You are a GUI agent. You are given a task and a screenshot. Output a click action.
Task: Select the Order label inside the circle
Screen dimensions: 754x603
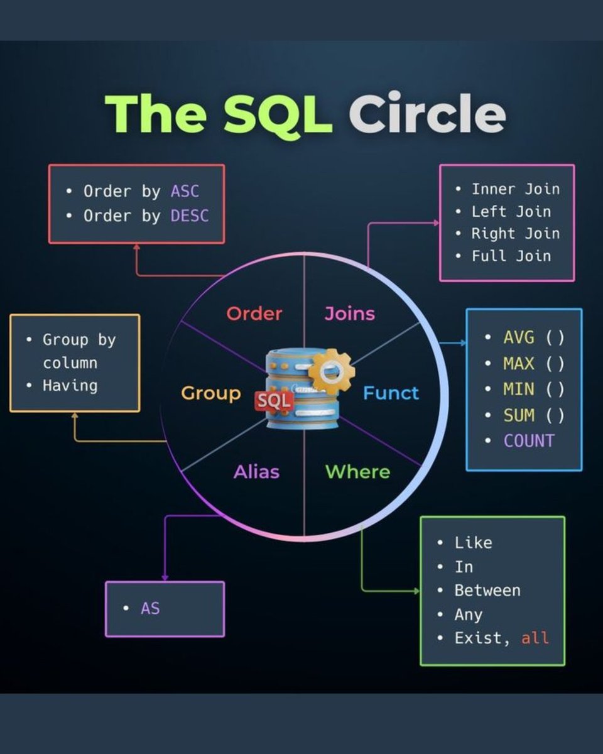point(254,313)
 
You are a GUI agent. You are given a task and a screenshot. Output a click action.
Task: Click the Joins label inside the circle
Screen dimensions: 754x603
point(349,313)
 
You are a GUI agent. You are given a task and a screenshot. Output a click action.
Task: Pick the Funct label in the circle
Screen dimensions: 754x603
point(391,393)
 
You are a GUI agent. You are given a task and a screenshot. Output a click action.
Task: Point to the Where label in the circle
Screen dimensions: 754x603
point(357,471)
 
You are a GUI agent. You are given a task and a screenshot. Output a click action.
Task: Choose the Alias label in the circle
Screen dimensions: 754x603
point(256,471)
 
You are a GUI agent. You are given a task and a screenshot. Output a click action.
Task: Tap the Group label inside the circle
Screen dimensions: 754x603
point(211,393)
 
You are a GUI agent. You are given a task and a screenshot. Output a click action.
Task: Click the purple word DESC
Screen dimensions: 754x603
point(189,216)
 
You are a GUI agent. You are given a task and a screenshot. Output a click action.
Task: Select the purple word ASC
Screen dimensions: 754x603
point(185,191)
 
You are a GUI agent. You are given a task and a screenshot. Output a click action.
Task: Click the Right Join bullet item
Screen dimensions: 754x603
point(515,233)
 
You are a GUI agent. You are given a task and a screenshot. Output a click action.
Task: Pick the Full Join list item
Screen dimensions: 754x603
point(511,256)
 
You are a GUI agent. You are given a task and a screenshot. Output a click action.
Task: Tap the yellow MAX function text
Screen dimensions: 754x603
point(519,363)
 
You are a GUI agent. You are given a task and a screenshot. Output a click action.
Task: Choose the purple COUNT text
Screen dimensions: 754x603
point(529,440)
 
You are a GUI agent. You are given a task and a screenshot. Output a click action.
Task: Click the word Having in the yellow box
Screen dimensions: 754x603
point(70,385)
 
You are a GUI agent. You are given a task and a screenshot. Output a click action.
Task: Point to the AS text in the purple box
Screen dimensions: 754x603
point(150,608)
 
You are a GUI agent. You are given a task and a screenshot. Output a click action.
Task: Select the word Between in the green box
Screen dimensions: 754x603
point(487,591)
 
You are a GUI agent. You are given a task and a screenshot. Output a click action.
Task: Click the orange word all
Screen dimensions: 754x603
point(535,638)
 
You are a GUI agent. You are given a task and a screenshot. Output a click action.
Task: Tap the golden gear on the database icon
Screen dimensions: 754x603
point(331,371)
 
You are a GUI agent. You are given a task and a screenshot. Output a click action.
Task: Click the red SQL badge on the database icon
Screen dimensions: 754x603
point(274,400)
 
